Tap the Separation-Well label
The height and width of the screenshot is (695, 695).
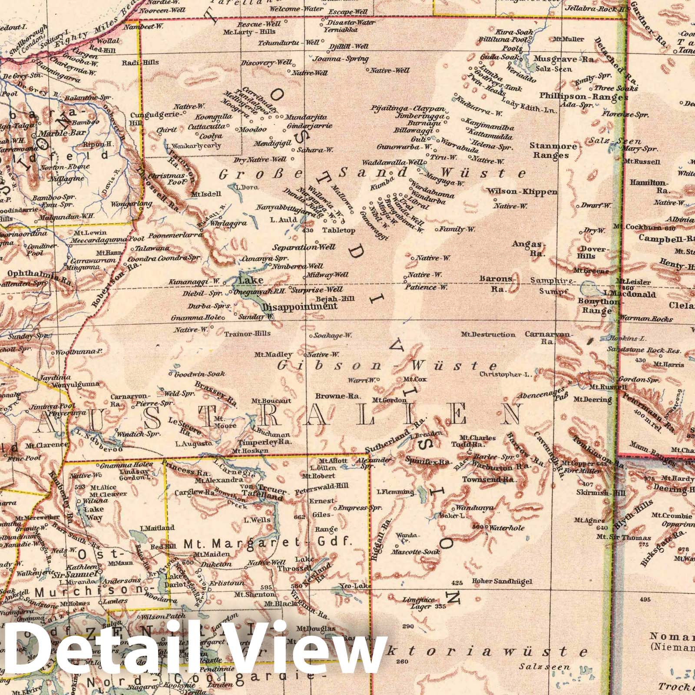(x=304, y=247)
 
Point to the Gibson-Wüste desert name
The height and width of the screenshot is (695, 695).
(x=387, y=365)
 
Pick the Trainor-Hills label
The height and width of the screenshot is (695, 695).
(x=248, y=334)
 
